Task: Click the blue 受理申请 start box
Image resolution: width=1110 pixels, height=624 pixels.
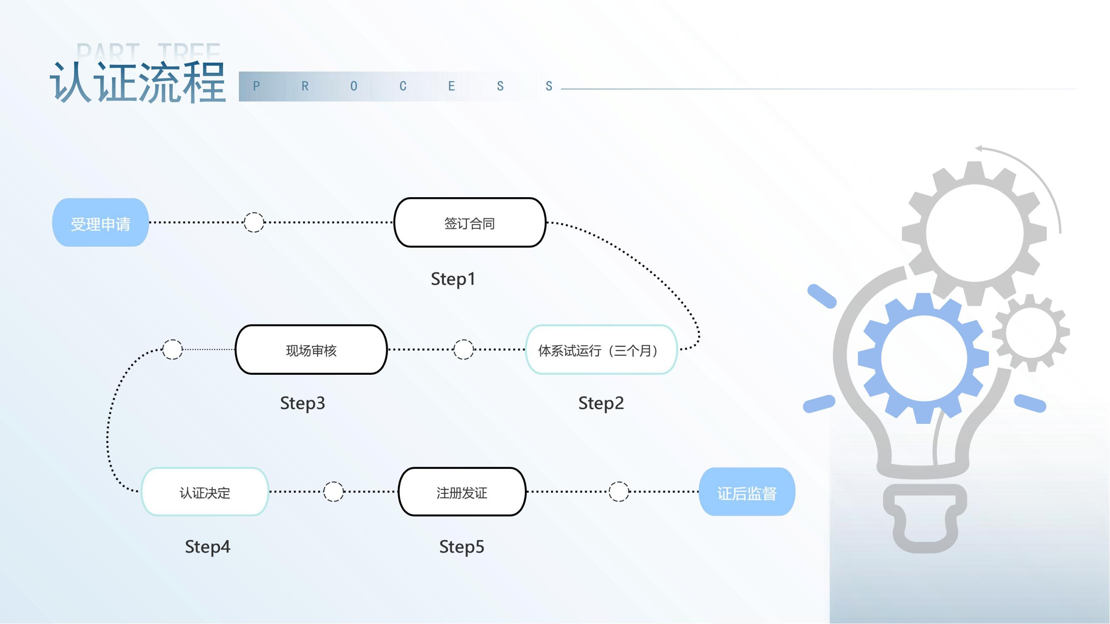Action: point(100,223)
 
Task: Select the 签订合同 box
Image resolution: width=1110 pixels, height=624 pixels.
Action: point(470,223)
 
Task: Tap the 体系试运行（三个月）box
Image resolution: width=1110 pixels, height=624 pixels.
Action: point(601,350)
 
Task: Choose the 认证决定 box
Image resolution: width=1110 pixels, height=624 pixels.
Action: point(205,492)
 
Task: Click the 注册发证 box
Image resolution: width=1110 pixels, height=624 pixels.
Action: point(462,492)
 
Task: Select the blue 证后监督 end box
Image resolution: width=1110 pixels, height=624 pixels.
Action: point(747,492)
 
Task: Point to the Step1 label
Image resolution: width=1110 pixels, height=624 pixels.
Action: point(453,279)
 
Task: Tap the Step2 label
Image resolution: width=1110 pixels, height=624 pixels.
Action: point(601,404)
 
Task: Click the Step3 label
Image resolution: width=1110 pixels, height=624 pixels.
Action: point(303,404)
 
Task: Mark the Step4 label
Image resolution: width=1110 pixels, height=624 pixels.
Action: point(207,547)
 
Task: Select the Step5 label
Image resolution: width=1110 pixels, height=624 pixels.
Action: point(462,547)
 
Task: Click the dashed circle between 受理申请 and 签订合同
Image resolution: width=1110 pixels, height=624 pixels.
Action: point(254,222)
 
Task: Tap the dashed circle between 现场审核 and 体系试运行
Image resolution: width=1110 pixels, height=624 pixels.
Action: point(463,349)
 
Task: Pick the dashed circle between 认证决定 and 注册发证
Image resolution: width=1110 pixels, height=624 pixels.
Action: point(333,491)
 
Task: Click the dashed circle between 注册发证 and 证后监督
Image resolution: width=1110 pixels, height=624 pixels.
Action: point(619,491)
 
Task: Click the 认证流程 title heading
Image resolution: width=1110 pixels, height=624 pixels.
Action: point(138,82)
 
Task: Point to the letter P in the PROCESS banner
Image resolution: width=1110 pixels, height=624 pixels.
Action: point(256,86)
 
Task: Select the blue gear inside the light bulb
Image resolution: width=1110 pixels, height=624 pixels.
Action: point(923,358)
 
